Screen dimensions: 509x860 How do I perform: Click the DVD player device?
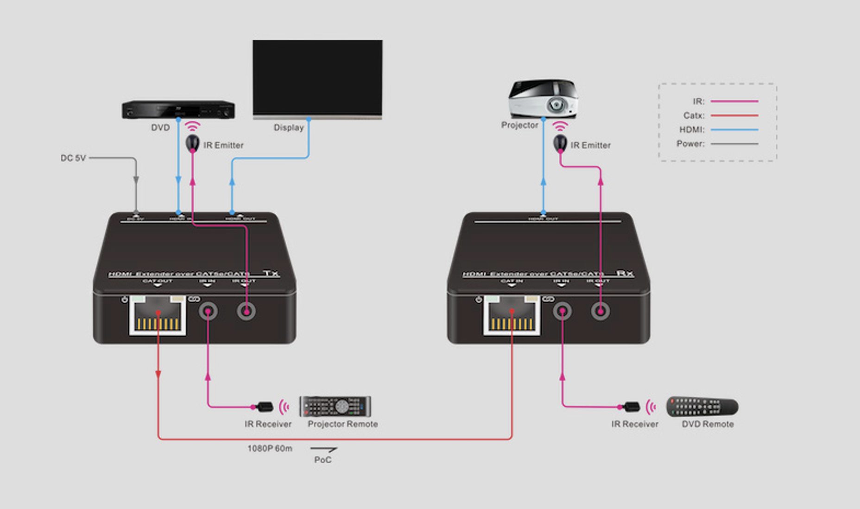point(178,110)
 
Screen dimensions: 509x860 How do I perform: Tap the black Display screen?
point(317,77)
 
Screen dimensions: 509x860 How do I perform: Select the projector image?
point(543,99)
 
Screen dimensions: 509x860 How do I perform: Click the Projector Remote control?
point(335,407)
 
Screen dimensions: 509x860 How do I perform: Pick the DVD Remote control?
point(702,407)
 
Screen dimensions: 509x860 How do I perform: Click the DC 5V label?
point(73,158)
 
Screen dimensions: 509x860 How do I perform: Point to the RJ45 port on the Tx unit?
point(158,315)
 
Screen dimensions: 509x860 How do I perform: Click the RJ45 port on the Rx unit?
point(512,315)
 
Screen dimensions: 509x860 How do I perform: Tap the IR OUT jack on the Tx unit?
point(246,311)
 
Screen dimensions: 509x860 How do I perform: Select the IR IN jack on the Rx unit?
point(562,311)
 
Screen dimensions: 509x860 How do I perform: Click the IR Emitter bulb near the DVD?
point(192,142)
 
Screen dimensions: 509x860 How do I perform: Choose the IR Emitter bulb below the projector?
point(560,142)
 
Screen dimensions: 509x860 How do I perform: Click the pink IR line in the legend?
point(734,101)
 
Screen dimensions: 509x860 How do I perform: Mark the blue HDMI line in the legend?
point(734,130)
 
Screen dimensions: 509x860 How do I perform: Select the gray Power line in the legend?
point(734,144)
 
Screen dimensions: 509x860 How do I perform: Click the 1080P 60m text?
point(270,448)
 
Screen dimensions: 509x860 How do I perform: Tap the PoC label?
point(323,459)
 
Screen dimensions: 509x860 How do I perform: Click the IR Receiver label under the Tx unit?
point(268,424)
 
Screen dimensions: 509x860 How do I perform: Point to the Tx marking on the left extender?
point(271,273)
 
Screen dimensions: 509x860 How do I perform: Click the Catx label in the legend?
point(694,115)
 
